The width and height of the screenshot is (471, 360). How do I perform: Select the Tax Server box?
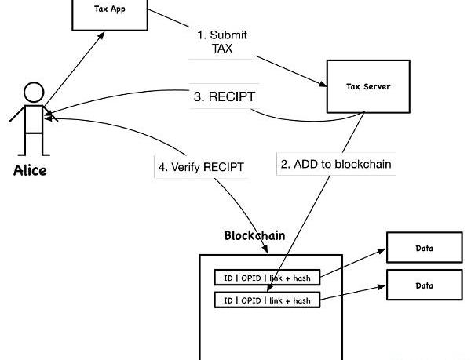coord(368,86)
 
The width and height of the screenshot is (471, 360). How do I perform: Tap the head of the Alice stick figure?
coord(34,93)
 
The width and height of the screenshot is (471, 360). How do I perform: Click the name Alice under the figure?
coord(30,170)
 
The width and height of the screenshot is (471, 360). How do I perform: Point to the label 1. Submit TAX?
coord(222,42)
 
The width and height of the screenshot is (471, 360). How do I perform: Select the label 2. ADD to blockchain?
coord(335,165)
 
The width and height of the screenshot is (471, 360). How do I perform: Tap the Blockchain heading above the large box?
coord(254,235)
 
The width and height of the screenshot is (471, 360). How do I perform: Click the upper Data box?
coord(424,249)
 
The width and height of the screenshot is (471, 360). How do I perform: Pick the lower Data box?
coord(424,285)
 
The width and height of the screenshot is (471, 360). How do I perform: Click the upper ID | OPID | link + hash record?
coord(267,278)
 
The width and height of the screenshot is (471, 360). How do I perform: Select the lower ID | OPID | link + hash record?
coord(267,300)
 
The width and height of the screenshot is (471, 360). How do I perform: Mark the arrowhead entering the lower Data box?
coord(382,287)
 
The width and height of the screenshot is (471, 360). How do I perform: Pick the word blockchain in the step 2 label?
coord(361,165)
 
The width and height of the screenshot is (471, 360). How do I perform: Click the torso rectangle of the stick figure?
coord(33,118)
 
